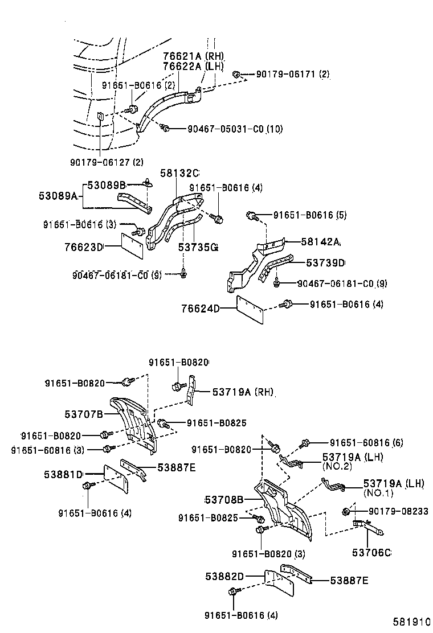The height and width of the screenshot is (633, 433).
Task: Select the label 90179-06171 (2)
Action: coord(292,75)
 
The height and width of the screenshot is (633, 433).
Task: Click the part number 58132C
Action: coord(179,173)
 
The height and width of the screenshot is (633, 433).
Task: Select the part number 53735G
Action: coord(198,247)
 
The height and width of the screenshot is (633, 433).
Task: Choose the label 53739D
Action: coord(326,262)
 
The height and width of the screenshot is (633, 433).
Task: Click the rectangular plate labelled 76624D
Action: coord(250,310)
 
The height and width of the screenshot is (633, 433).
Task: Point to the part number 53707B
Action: coord(83,414)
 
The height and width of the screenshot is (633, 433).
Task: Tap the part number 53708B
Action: coord(224,500)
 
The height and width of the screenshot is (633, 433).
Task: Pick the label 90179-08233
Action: coord(390,511)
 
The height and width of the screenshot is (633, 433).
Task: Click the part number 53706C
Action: coord(371,553)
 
